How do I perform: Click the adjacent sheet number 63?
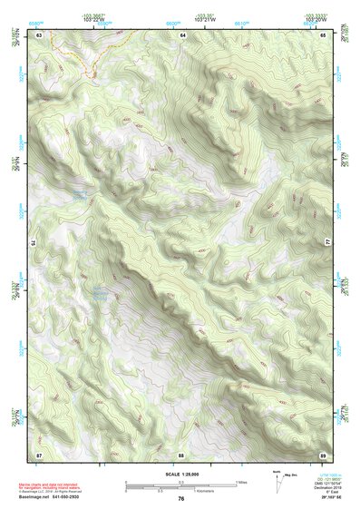(39, 34)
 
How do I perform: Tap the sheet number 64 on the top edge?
(181, 34)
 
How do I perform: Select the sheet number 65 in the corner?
(324, 34)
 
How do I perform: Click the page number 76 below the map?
(181, 499)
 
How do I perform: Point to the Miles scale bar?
(181, 482)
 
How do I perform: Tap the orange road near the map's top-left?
(86, 62)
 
